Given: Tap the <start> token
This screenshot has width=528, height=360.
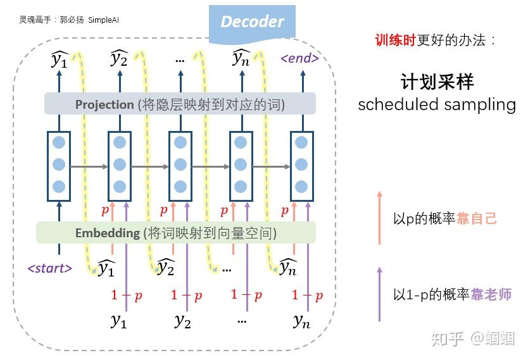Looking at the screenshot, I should click(49, 268).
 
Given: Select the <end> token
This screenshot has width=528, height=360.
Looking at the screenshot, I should click(299, 59).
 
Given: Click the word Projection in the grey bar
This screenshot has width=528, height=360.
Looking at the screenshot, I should click(104, 104).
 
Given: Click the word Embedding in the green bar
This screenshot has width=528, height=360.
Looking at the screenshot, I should click(107, 233).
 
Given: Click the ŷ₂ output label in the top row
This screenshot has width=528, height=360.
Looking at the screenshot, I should click(119, 59).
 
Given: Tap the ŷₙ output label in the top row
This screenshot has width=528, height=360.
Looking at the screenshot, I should click(241, 59).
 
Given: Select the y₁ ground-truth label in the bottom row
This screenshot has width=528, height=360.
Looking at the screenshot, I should click(118, 321).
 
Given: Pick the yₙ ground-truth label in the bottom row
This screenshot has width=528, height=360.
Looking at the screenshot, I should click(301, 321).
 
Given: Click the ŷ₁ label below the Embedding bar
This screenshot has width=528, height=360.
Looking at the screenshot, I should click(106, 269).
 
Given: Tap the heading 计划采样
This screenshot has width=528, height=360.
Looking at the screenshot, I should click(437, 82).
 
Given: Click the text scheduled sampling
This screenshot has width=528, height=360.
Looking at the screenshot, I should click(437, 104).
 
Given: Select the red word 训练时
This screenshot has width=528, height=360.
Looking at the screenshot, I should click(395, 40).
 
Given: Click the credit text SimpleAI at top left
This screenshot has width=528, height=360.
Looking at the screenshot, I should click(105, 20).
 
